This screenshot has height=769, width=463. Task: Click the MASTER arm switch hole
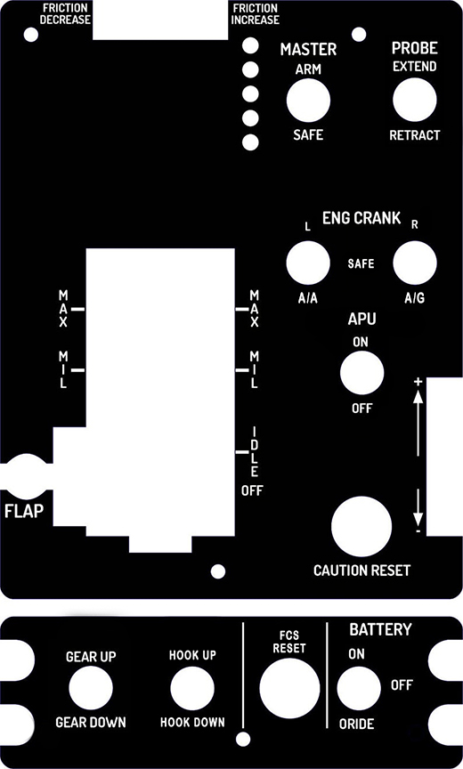click(x=308, y=101)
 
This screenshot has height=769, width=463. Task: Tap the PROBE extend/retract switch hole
click(x=414, y=100)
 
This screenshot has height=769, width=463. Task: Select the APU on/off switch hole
click(x=361, y=373)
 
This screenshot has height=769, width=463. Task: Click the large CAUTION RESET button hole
click(x=361, y=527)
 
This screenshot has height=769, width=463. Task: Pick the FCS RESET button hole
click(x=289, y=688)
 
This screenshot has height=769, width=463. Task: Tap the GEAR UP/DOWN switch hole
click(x=91, y=688)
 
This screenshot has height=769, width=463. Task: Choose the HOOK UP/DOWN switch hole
click(x=192, y=688)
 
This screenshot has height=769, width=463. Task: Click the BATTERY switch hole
click(x=359, y=688)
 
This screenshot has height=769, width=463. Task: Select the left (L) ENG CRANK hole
click(x=308, y=263)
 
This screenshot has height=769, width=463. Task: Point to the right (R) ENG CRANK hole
click(x=414, y=263)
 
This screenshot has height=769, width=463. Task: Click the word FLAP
click(x=24, y=511)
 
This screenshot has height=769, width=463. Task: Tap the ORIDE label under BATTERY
click(x=356, y=724)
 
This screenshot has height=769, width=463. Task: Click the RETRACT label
click(x=414, y=135)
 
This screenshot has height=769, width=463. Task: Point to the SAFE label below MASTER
click(x=308, y=135)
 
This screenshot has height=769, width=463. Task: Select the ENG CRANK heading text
click(x=361, y=218)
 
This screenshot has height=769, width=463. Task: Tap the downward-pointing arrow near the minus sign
click(x=418, y=507)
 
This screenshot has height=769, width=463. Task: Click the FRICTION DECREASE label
click(x=65, y=14)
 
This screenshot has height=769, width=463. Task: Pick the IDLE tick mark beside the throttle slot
click(x=242, y=451)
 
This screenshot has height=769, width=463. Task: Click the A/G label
click(x=414, y=298)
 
